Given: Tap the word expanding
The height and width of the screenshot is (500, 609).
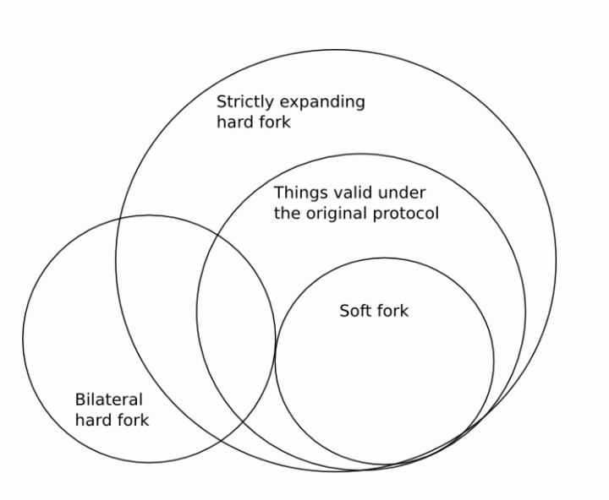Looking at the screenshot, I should (x=326, y=103).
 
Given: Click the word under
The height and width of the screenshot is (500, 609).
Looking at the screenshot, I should (x=403, y=193).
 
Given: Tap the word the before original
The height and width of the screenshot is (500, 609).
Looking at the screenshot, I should (x=287, y=213).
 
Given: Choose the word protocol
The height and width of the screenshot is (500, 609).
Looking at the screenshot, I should (x=405, y=214).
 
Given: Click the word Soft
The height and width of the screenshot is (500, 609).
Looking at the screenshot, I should (x=355, y=311).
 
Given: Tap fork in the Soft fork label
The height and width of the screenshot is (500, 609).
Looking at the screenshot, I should (x=392, y=311).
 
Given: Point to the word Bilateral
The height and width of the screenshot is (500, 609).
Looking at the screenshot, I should (x=109, y=400).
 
